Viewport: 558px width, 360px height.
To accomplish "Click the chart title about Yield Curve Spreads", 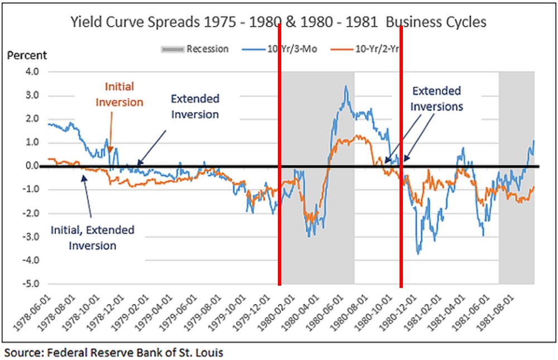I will tap(278, 22).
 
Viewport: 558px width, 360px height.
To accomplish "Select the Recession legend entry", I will tap(195, 49).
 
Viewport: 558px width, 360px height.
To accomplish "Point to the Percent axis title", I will tap(27, 56).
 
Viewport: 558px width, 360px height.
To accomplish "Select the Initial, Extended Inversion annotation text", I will tap(93, 238).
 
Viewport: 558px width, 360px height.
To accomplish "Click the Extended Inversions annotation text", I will tap(436, 98).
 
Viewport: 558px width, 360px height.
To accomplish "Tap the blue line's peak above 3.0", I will tap(346, 87).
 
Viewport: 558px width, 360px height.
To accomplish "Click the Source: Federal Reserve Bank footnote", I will tap(114, 353).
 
